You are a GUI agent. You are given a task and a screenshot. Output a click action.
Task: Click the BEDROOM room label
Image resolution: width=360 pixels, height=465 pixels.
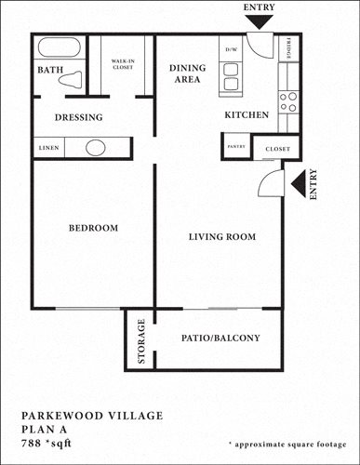point(93,229)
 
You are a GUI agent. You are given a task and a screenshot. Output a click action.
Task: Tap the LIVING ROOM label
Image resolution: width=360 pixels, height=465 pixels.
point(221,237)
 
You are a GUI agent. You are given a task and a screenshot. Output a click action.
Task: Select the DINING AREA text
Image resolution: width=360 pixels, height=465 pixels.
point(187,74)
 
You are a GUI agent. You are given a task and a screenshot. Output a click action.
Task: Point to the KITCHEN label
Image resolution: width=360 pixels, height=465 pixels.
point(247,115)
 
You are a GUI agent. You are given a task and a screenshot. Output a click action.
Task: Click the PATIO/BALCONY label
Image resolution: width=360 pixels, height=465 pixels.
point(220,339)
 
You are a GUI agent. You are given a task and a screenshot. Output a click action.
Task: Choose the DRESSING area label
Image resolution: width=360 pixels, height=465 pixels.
point(78,117)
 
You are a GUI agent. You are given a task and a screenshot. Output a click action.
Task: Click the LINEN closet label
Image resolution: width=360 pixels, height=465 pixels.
point(50,148)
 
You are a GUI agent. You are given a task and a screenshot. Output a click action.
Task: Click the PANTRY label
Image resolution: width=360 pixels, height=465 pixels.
point(235,147)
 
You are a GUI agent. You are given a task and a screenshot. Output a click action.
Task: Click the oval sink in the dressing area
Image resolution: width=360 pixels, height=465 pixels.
point(96,148)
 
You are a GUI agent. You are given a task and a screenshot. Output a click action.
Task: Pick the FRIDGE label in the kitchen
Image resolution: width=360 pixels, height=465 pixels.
point(289,49)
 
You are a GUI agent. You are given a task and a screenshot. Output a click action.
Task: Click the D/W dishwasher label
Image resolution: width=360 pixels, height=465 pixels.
point(230,49)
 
